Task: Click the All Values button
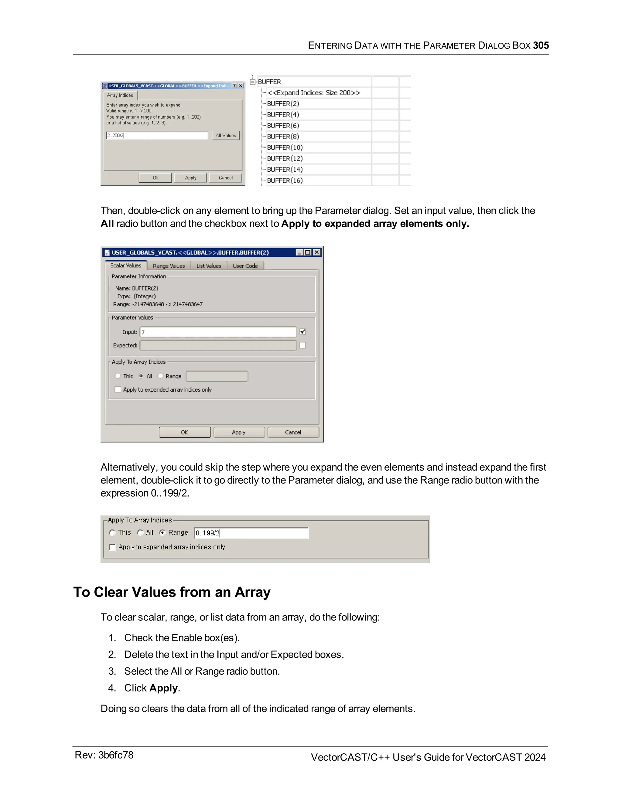pyautogui.click(x=226, y=136)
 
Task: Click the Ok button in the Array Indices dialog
pyautogui.click(x=155, y=178)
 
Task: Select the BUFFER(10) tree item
pyautogui.click(x=285, y=148)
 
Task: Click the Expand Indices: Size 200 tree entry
pyautogui.click(x=313, y=93)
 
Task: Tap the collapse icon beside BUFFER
pyautogui.click(x=253, y=82)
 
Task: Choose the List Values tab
pyautogui.click(x=209, y=266)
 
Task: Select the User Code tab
pyautogui.click(x=245, y=266)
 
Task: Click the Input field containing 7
pyautogui.click(x=218, y=332)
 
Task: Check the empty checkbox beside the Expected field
pyautogui.click(x=302, y=345)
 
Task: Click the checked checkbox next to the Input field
pyautogui.click(x=302, y=332)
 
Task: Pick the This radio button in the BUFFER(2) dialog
pyautogui.click(x=118, y=376)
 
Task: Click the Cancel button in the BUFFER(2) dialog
pyautogui.click(x=293, y=432)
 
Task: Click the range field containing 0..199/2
pyautogui.click(x=251, y=533)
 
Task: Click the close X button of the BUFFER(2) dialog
pyautogui.click(x=316, y=252)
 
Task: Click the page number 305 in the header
pyautogui.click(x=541, y=45)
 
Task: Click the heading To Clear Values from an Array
pyautogui.click(x=172, y=592)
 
